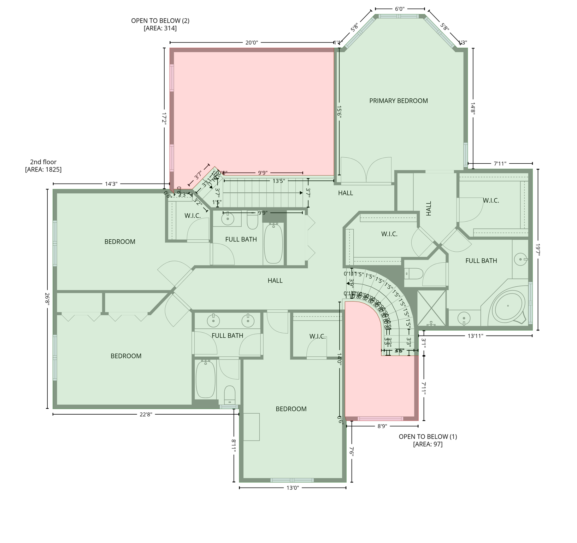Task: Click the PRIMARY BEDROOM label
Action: [x=398, y=101]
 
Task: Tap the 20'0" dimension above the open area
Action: [x=252, y=43]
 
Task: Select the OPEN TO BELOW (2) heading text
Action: [x=160, y=21]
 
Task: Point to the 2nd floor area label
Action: [x=43, y=166]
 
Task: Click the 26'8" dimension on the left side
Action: [x=47, y=299]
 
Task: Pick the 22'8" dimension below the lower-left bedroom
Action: [x=146, y=414]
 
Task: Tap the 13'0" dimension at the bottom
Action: [x=293, y=488]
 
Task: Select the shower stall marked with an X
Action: [x=431, y=308]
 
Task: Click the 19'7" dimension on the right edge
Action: [x=538, y=250]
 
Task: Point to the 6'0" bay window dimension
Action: [x=400, y=9]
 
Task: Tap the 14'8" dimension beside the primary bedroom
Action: [x=473, y=108]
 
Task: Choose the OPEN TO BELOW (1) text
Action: [x=428, y=437]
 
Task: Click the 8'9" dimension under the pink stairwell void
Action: [x=382, y=426]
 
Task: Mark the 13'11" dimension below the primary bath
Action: [x=475, y=336]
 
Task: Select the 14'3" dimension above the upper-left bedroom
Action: [x=111, y=184]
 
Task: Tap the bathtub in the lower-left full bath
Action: [x=205, y=379]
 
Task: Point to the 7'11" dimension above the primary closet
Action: [x=500, y=164]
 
